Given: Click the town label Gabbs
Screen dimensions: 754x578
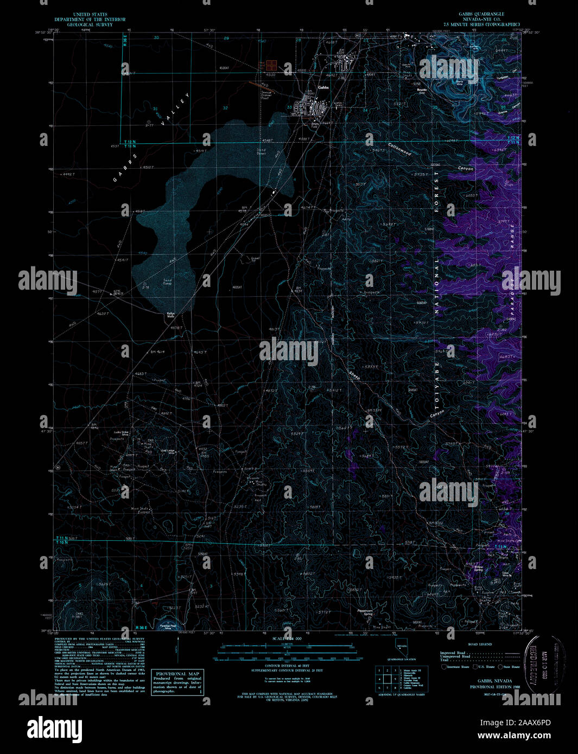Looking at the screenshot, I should (x=323, y=88).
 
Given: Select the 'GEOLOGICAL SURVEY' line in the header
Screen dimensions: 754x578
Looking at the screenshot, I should (x=90, y=25).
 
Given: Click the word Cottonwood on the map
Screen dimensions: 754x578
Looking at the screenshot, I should (x=399, y=149).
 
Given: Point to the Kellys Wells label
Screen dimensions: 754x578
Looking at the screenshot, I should (x=170, y=315).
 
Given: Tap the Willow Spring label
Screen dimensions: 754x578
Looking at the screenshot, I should (x=477, y=568).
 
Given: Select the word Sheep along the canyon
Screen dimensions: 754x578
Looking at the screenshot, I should (x=354, y=375).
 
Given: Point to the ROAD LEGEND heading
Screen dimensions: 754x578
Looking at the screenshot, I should (x=479, y=644).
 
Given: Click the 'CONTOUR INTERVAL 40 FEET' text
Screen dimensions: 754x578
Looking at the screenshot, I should (x=289, y=666).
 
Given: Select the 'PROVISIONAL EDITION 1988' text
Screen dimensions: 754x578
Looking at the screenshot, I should (x=494, y=687).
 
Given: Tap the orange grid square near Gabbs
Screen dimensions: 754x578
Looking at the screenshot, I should (x=270, y=66).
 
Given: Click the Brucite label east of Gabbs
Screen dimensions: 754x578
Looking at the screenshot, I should (x=422, y=91).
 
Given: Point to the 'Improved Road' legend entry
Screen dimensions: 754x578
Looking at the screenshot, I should (x=453, y=653).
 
